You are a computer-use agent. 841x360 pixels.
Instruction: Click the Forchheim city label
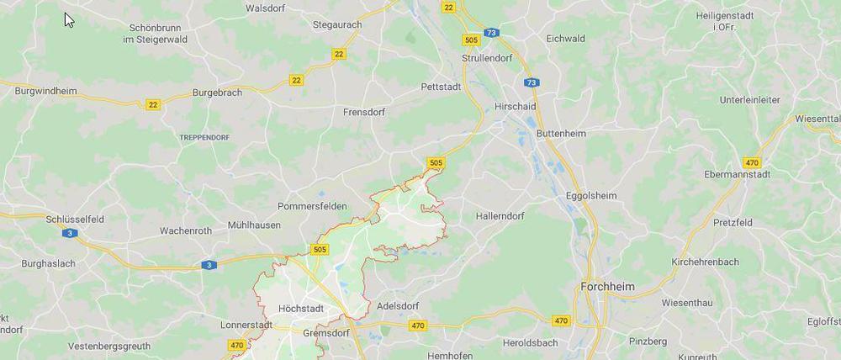click(x=607, y=287)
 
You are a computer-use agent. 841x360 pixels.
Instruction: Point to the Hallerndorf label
click(x=500, y=216)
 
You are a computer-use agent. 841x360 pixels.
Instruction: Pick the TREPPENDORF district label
click(x=205, y=135)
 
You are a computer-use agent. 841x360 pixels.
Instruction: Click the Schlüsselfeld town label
click(x=75, y=219)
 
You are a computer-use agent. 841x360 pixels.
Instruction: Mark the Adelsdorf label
click(x=399, y=306)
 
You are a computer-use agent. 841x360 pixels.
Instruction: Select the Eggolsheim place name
click(x=590, y=196)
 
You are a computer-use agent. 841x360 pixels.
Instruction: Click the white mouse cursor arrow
click(x=69, y=19)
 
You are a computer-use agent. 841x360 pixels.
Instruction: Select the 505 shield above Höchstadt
click(x=320, y=249)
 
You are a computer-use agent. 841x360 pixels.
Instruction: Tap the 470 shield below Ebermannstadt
click(x=752, y=161)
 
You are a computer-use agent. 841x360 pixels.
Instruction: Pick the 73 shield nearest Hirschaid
click(x=532, y=82)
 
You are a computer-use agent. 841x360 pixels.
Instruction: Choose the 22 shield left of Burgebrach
click(x=153, y=104)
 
